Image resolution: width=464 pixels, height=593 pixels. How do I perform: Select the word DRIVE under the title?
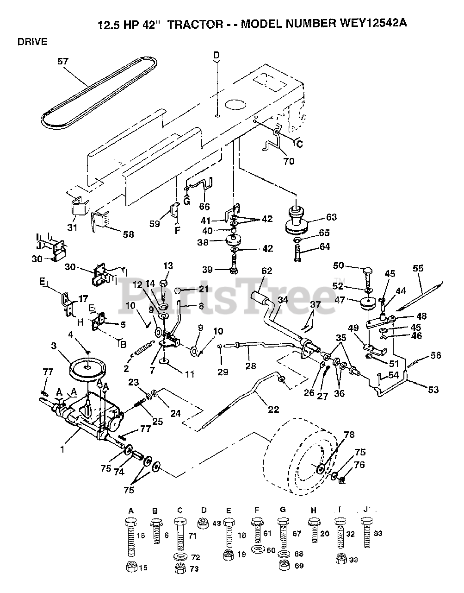tap(32, 42)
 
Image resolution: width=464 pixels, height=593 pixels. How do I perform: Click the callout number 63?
tap(331, 217)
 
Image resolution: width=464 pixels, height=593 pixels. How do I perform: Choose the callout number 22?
tap(273, 410)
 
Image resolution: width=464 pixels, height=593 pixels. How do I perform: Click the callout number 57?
tap(63, 61)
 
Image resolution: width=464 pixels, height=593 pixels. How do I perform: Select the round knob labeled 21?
tap(178, 290)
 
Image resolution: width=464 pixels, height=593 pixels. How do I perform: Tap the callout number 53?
tap(433, 390)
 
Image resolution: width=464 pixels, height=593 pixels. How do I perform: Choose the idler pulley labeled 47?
tap(368, 303)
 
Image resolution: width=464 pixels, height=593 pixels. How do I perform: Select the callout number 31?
tap(72, 227)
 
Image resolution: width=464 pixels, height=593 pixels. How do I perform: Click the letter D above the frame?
tap(217, 56)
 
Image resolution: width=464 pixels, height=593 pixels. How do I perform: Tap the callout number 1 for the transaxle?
tap(62, 449)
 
